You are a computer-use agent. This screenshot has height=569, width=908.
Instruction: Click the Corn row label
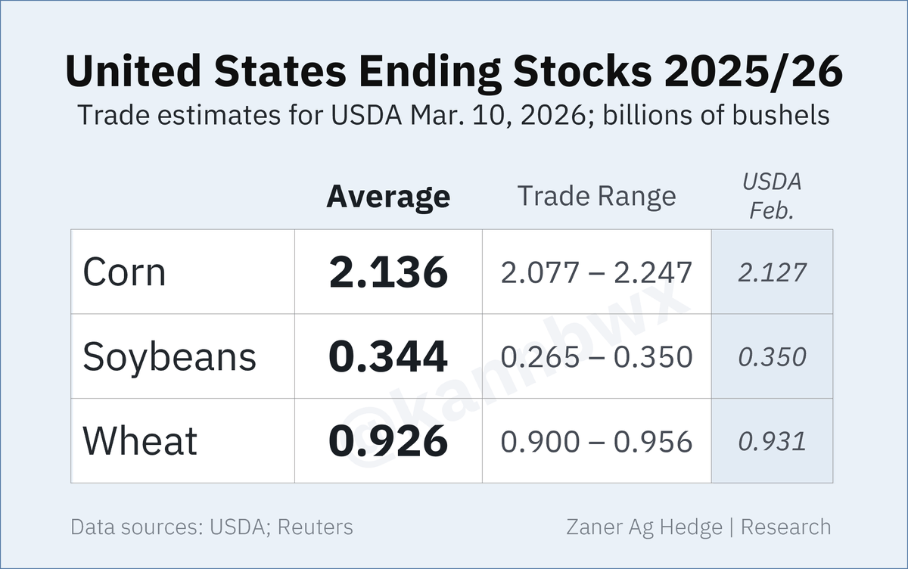coord(124,272)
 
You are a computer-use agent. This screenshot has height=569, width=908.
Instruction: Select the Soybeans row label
coord(169,357)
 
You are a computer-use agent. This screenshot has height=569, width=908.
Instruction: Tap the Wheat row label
coord(140,441)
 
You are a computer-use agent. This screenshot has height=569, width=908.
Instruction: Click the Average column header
coord(388,197)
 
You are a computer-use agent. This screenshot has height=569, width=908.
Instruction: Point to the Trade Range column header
coord(596,197)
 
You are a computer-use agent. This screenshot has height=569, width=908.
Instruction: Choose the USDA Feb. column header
coord(772,196)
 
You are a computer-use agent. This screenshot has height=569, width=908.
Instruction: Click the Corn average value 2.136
coord(388,272)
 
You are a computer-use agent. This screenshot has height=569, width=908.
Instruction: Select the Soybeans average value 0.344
coord(388,357)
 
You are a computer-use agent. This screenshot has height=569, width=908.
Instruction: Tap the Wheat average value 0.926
coord(388,442)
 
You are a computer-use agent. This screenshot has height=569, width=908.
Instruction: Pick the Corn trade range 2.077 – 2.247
coord(596,272)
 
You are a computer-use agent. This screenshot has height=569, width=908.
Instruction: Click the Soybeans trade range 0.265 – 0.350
coord(596,357)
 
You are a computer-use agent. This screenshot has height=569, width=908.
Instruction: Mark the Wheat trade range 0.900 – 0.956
coord(596,442)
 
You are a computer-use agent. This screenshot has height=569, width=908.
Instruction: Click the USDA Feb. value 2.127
coord(772,272)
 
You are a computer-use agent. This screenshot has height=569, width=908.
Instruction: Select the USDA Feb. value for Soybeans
coord(772,357)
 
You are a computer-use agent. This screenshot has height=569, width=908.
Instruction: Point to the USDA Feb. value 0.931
coord(772,442)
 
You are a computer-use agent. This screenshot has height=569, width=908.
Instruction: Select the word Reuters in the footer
coord(315,527)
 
